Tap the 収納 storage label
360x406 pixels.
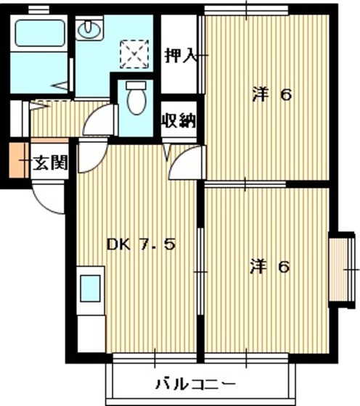(179, 120)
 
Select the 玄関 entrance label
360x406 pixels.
(50, 162)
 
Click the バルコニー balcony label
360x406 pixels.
(194, 383)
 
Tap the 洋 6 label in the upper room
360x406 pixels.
(272, 94)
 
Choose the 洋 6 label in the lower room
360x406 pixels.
(271, 267)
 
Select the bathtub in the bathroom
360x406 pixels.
(41, 33)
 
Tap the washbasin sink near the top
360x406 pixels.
(91, 29)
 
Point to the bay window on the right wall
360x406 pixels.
(341, 268)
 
